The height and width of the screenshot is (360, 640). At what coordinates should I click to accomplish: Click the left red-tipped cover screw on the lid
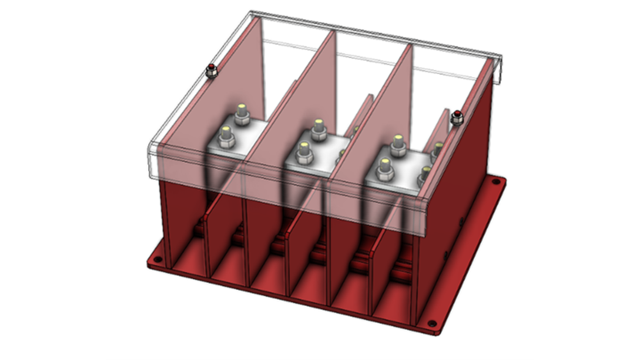tap(212, 69)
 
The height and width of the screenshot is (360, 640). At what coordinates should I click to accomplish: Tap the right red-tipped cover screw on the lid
tap(457, 115)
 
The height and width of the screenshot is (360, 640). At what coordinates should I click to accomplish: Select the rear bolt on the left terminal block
tap(241, 115)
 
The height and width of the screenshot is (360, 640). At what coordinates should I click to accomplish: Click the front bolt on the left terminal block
tap(226, 134)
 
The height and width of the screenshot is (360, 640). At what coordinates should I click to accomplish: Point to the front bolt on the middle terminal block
tap(303, 150)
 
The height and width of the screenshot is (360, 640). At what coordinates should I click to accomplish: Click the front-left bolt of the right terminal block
tap(385, 166)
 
